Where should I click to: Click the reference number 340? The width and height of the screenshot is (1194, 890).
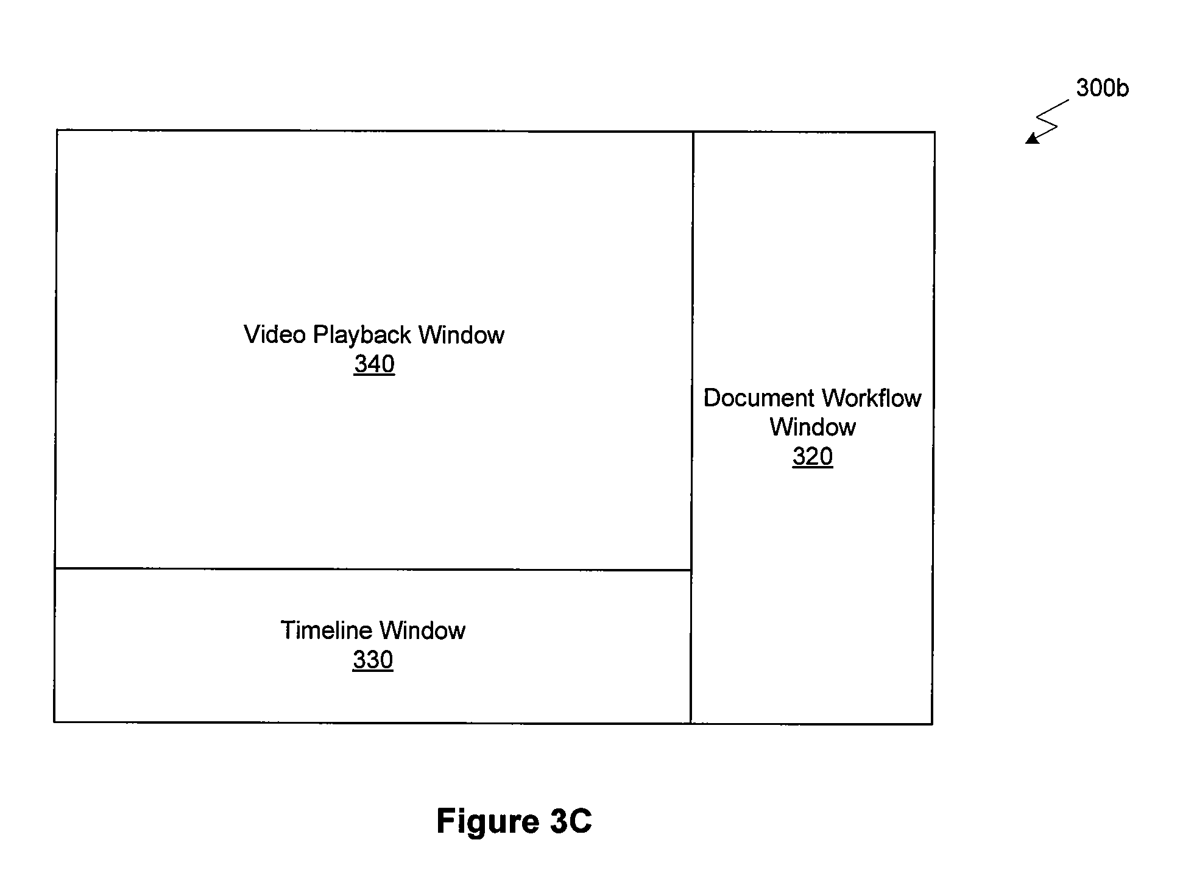[x=374, y=364]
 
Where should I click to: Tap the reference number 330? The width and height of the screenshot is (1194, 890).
[x=373, y=660]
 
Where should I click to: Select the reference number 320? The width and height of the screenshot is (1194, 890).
[x=813, y=456]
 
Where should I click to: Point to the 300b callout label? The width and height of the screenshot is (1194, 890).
[x=1102, y=88]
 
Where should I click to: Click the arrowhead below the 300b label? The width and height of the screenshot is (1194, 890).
[x=1031, y=139]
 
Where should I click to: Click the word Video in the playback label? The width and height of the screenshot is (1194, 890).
[x=275, y=334]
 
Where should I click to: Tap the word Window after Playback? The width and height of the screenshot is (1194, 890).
[x=462, y=334]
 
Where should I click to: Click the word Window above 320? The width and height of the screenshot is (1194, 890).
[x=813, y=427]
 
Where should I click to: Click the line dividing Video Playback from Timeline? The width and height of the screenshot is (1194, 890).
[x=373, y=569]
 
